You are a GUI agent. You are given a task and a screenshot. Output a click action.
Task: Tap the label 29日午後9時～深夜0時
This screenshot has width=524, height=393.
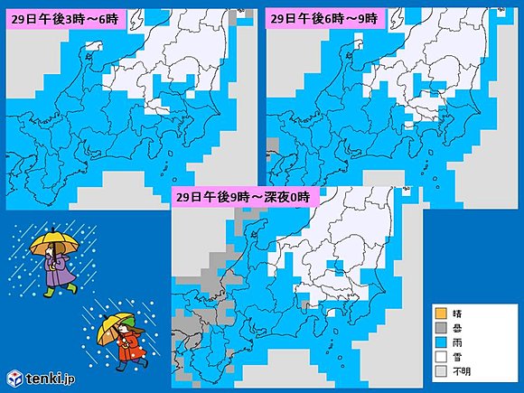tap(241, 196)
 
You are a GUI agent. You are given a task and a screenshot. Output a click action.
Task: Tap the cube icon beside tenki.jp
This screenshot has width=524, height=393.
tap(14, 377)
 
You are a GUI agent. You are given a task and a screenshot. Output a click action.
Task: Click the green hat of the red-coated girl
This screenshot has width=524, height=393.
tap(129, 321)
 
